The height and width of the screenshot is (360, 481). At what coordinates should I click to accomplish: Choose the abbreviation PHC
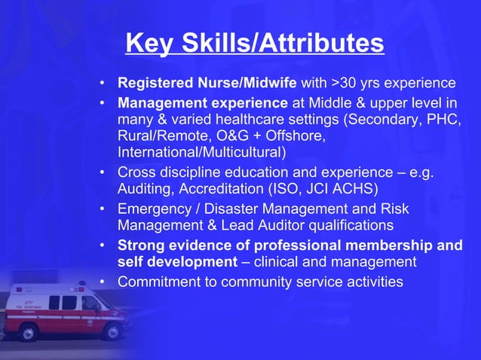446,121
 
